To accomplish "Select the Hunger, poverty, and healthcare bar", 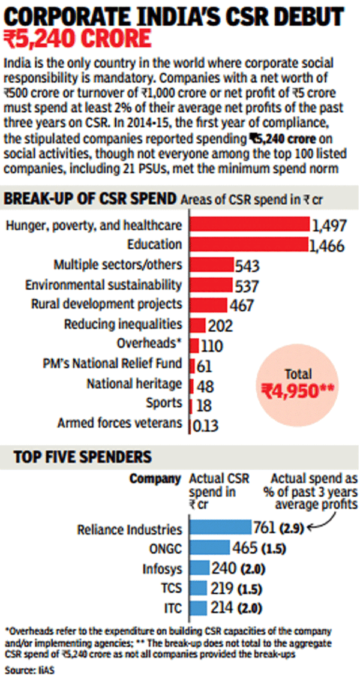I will click(x=249, y=225).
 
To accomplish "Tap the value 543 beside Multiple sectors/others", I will click(x=247, y=265).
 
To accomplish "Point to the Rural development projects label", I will click(x=106, y=304).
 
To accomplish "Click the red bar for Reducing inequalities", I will click(x=197, y=325).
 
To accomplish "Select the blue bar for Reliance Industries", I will click(x=220, y=528).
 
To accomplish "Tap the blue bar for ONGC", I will click(x=209, y=548).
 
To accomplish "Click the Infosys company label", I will click(x=162, y=568).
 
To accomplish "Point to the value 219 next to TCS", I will click(x=220, y=588).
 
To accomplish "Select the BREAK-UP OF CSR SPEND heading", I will click(x=91, y=199).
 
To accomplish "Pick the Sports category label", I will click(x=163, y=403).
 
